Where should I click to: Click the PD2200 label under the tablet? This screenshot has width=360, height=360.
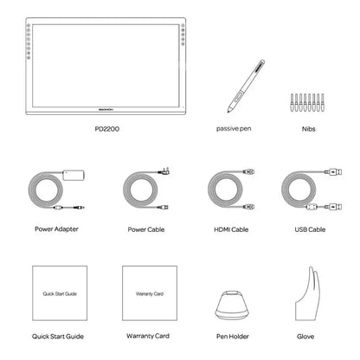tap(106, 129)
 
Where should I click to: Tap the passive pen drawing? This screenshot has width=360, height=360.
tap(246, 86)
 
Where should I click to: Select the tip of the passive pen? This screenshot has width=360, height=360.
tap(228, 112)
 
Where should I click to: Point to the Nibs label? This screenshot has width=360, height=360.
tap(308, 129)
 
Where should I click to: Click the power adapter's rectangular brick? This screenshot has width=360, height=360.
tap(74, 176)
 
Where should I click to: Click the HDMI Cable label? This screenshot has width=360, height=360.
tap(231, 229)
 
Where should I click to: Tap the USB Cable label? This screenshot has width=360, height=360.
tap(310, 229)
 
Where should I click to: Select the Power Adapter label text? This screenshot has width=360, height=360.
tap(56, 229)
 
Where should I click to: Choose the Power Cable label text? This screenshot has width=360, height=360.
tap(146, 229)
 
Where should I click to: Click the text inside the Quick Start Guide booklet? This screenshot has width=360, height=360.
tap(60, 294)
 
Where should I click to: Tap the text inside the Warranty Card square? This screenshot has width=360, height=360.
tap(150, 294)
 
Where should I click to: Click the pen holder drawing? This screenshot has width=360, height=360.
tap(232, 305)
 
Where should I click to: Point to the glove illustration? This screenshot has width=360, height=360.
tap(307, 294)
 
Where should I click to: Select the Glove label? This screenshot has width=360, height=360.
tap(305, 337)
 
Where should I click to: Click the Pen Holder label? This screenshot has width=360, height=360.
tap(233, 337)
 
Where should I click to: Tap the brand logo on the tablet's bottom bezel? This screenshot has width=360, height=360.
tap(106, 109)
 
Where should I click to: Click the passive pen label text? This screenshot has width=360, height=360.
tap(234, 129)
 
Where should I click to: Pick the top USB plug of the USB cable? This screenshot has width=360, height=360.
tap(333, 172)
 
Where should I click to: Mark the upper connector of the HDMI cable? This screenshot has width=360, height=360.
tap(248, 172)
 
